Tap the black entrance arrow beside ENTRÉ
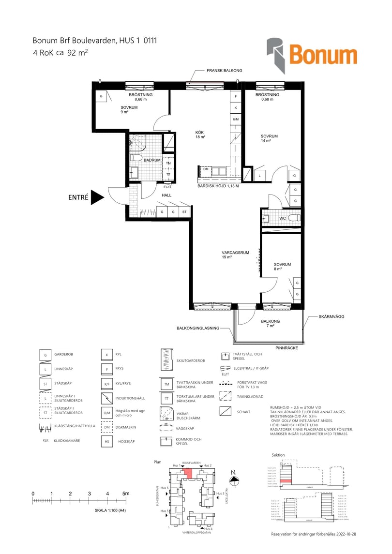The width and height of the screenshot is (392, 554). click(97, 197)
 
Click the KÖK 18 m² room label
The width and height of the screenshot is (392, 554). click(200, 135)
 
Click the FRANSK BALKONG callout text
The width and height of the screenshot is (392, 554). click(224, 71)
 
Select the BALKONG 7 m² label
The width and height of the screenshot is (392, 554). click(270, 324)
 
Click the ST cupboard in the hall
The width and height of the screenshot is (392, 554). click(184, 212)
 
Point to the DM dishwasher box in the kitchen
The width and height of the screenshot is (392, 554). click(206, 169)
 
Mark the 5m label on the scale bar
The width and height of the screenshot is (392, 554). click(126, 493)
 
